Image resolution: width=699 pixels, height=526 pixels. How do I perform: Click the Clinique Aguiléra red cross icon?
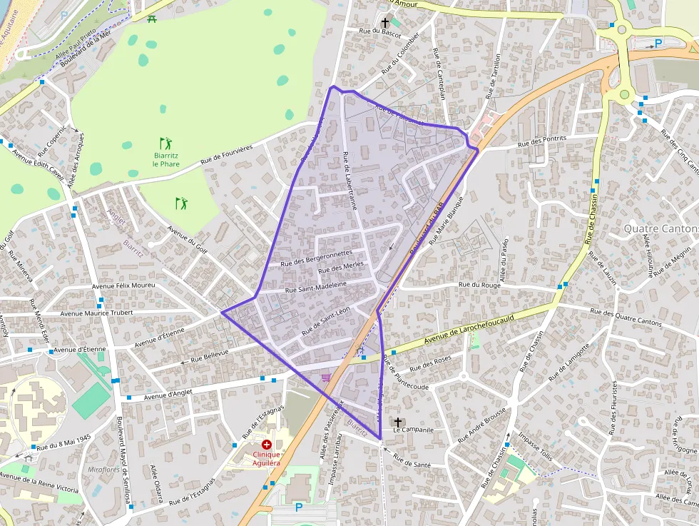pos(266,445)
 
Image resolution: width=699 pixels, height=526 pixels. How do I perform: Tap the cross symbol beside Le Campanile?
pos(398,422)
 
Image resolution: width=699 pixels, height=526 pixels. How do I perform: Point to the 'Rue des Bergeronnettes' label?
pos(318,257)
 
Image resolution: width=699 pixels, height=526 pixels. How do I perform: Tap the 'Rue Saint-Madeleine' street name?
pos(315,286)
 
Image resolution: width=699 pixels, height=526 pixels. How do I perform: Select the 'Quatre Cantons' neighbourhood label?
pos(660,228)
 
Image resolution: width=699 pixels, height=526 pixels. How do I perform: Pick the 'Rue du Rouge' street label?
pos(480,285)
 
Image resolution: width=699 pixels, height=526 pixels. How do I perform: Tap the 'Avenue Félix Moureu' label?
pos(123,285)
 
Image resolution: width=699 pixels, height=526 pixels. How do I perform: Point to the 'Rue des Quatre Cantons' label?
pos(626,317)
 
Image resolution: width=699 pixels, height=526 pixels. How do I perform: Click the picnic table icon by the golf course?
pos(152,19)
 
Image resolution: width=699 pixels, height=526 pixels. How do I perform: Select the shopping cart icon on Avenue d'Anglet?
pos(326,377)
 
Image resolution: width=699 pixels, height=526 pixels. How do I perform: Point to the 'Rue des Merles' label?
pos(341,268)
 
